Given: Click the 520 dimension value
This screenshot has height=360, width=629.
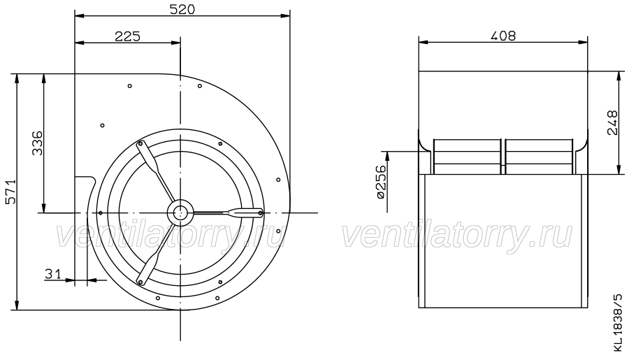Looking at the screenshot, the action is point(182,9).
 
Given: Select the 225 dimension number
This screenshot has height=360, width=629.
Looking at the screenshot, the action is point(128,36).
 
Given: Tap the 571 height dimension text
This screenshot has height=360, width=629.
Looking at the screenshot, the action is point(10,192).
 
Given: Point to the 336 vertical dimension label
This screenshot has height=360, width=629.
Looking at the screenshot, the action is point(37,143).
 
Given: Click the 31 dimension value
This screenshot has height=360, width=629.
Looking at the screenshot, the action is point(52,274).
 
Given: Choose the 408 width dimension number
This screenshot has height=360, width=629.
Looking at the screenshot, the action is point(503,36).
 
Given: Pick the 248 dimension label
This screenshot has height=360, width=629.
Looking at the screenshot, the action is point(612,123).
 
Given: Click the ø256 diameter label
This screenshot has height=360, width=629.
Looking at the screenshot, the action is point(382,182).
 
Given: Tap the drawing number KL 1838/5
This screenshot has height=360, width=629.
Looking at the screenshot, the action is point(619,323).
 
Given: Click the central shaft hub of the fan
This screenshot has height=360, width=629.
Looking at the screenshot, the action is point(180,213).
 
